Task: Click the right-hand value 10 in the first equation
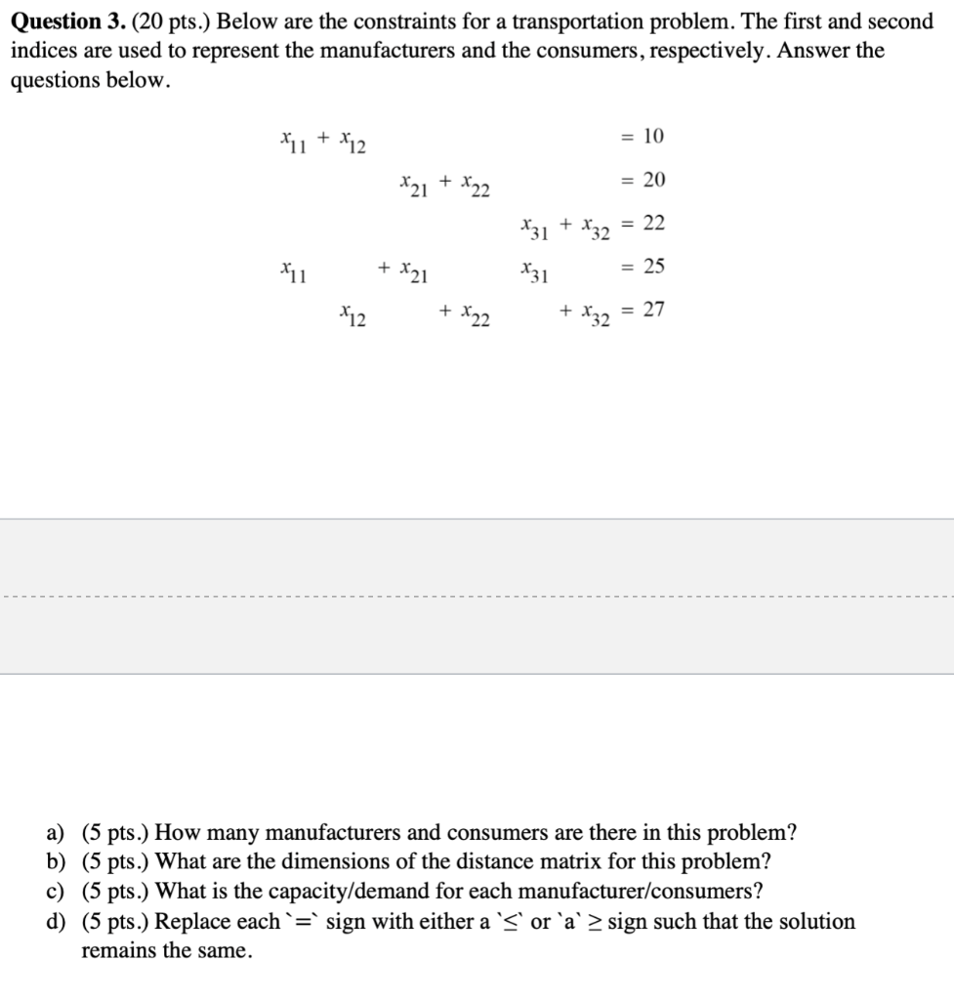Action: (654, 137)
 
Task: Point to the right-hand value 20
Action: (654, 181)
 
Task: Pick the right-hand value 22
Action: (654, 224)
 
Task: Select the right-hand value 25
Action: (654, 267)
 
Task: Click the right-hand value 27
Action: (654, 311)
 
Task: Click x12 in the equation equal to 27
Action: (353, 314)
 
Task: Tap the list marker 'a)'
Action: (57, 833)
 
